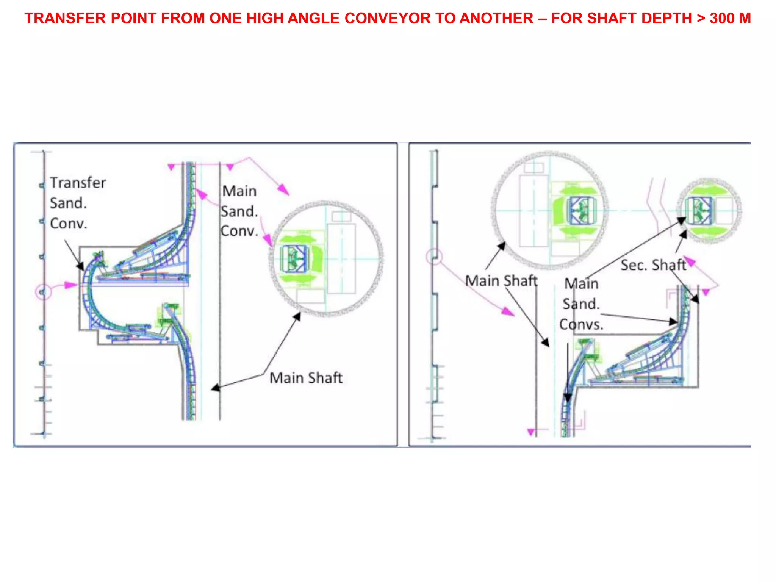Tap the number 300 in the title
722,19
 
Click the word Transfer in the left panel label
78,183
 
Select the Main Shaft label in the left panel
306,378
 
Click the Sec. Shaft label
653,265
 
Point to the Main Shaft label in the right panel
501,281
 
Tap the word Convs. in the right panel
581,325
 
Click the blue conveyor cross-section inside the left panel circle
294,259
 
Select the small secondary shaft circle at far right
709,211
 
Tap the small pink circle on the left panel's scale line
43,292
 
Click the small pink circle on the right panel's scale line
434,257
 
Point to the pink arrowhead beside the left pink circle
70,285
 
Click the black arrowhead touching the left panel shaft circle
297,316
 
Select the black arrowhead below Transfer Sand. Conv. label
80,266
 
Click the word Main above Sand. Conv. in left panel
239,191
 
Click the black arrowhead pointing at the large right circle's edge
501,246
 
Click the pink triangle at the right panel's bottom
531,432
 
